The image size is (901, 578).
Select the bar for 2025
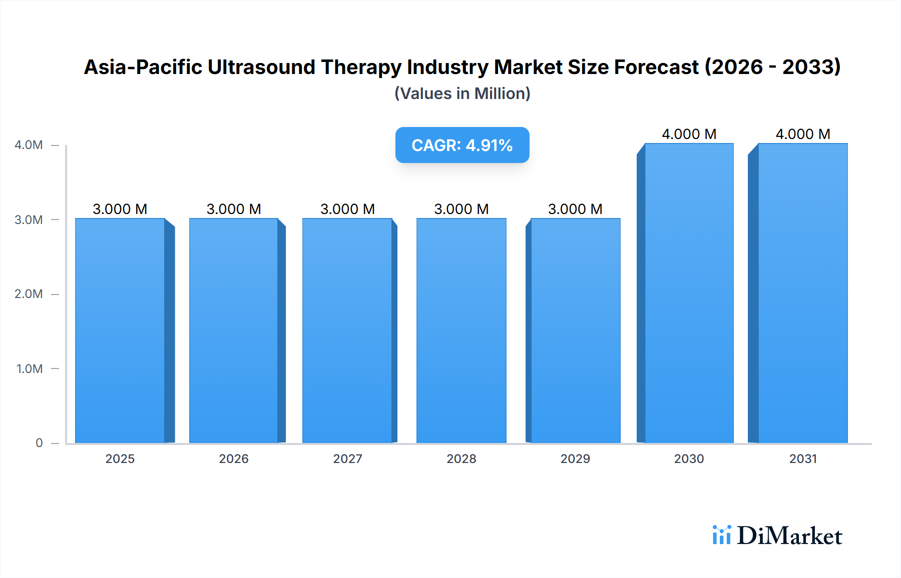click(120, 330)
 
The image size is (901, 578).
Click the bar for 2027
click(347, 330)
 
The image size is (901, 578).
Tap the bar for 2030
click(689, 293)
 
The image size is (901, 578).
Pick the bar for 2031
click(803, 293)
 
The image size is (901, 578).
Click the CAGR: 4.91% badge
click(462, 145)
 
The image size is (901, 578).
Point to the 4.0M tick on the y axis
click(29, 145)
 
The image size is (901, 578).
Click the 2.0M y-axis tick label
click(29, 294)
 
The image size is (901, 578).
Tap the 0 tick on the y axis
click(39, 443)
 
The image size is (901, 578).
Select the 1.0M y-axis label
click(29, 368)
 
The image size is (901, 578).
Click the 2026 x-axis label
click(234, 458)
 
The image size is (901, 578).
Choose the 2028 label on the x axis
click(462, 458)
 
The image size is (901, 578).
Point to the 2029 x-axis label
click(575, 458)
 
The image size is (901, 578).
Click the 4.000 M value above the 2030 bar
click(689, 134)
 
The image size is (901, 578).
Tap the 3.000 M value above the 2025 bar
click(120, 209)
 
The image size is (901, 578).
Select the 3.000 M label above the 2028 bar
click(462, 209)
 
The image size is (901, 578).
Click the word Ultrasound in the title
click(261, 67)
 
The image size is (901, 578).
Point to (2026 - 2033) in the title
click(772, 67)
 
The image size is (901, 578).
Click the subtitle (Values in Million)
click(462, 93)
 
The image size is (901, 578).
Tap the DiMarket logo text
click(789, 535)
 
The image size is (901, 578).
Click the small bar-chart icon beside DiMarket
click(721, 535)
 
